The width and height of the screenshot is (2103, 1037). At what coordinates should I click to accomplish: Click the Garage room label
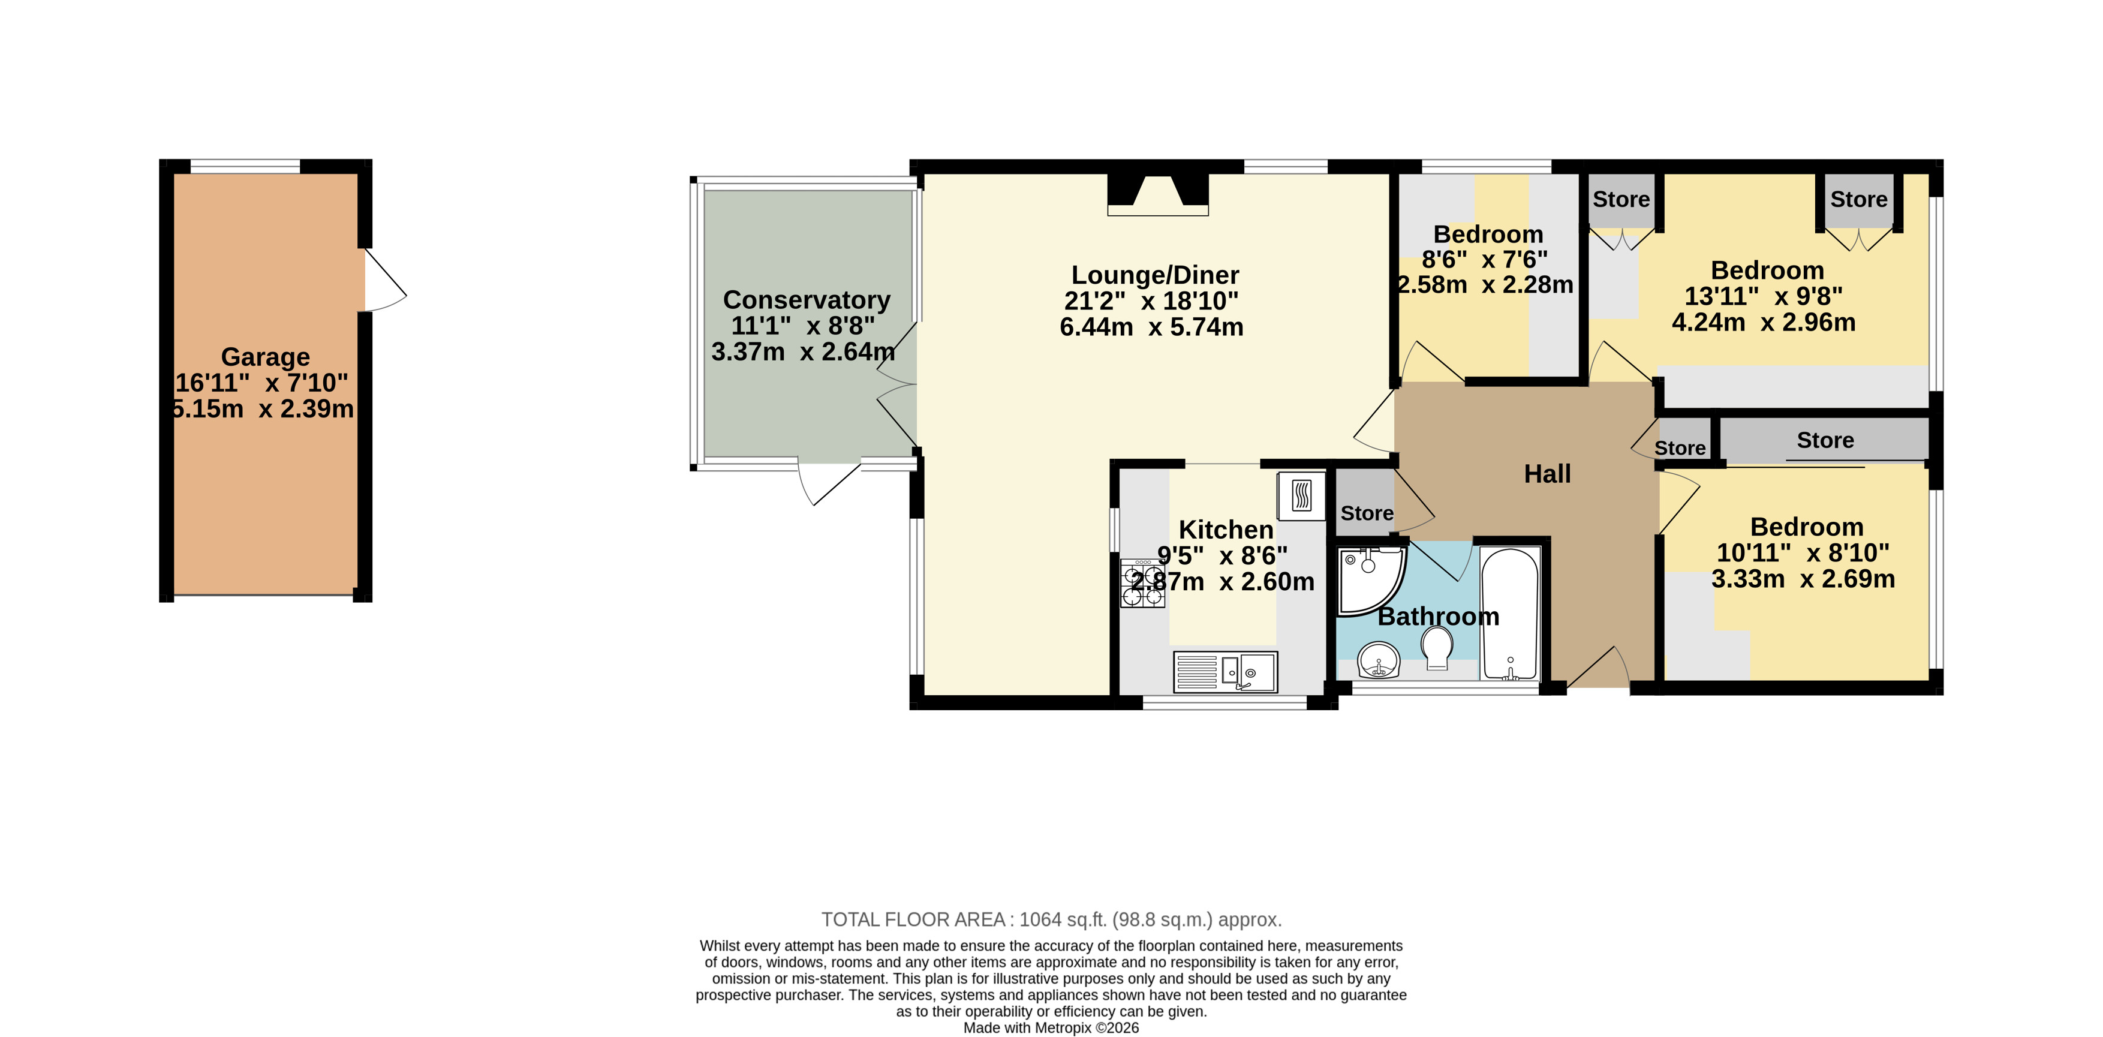[x=265, y=357]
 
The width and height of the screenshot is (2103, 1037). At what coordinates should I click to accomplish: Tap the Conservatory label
[x=807, y=300]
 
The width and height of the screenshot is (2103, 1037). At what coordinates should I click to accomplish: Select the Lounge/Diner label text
[x=1155, y=275]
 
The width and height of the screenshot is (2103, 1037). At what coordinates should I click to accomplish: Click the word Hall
[x=1547, y=474]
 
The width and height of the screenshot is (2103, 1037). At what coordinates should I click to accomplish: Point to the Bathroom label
[x=1439, y=617]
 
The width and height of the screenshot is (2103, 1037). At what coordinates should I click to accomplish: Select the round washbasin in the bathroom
[x=1379, y=660]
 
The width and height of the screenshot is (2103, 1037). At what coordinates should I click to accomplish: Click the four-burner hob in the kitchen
[x=1142, y=583]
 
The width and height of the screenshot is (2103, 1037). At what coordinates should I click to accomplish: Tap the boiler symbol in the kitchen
[x=1301, y=495]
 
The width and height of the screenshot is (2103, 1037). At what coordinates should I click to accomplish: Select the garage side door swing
[x=384, y=280]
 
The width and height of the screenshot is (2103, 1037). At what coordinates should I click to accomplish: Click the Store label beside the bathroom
[x=1367, y=513]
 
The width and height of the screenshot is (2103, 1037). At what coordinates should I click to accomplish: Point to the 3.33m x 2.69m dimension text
[x=1803, y=579]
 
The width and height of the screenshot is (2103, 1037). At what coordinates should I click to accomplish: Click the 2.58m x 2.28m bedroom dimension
[x=1485, y=285]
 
